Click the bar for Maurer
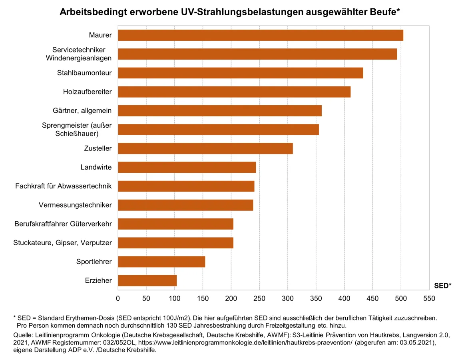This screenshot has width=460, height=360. pyautogui.click(x=260, y=35)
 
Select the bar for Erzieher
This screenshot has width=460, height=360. pyautogui.click(x=147, y=280)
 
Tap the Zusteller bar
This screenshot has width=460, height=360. pyautogui.click(x=205, y=148)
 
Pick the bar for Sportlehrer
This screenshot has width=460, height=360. pyautogui.click(x=161, y=262)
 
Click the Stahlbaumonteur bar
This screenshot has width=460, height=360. pyautogui.click(x=241, y=73)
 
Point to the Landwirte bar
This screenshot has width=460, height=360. pyautogui.click(x=187, y=167)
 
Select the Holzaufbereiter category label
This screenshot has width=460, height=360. pyautogui.click(x=87, y=92)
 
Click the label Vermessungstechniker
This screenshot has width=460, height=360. pyautogui.click(x=75, y=205)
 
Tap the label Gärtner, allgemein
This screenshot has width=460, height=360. pyautogui.click(x=82, y=110)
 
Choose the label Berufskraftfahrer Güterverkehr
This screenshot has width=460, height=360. pyautogui.click(x=63, y=224)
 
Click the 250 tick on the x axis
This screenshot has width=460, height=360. pyautogui.click(x=259, y=298)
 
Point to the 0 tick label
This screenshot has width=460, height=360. pyautogui.click(x=118, y=298)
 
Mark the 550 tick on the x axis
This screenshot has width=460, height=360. pyautogui.click(x=429, y=298)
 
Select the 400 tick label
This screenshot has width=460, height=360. pyautogui.click(x=344, y=298)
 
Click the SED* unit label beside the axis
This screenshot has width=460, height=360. pyautogui.click(x=442, y=286)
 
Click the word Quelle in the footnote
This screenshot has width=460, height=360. pyautogui.click(x=23, y=335)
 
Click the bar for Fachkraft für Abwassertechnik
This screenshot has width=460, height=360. pyautogui.click(x=186, y=186)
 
